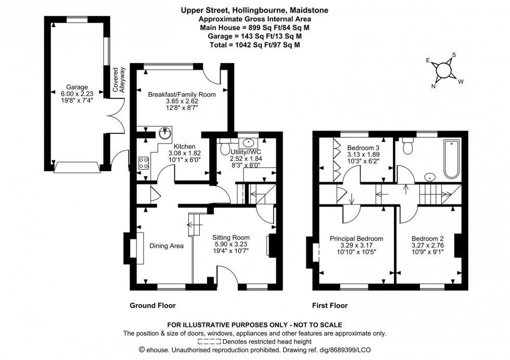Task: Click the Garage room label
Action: pyautogui.click(x=76, y=87)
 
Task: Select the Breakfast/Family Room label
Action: pyautogui.click(x=182, y=94)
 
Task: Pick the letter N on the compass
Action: pyautogui.click(x=433, y=87)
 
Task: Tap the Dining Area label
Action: pyautogui.click(x=166, y=246)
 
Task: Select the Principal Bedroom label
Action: pyautogui.click(x=356, y=239)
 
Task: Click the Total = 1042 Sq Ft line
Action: pyautogui.click(x=254, y=45)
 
